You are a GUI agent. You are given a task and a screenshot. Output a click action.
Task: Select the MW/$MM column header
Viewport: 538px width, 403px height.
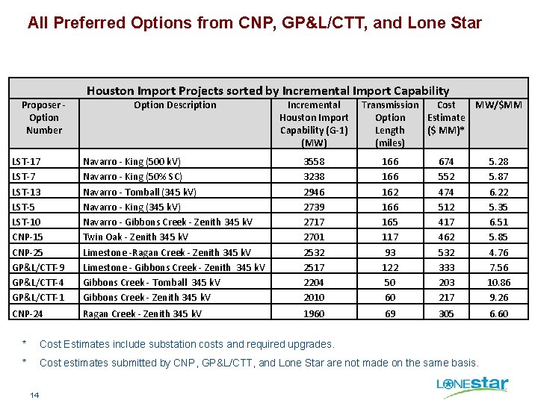pos(498,105)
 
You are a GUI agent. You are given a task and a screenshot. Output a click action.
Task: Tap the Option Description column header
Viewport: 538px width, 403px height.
pos(175,105)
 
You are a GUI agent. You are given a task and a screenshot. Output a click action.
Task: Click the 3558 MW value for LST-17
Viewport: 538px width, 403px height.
pos(314,161)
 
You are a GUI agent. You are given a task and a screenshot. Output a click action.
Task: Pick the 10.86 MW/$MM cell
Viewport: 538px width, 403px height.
pos(498,283)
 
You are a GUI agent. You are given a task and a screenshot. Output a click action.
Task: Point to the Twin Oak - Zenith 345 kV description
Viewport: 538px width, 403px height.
pos(135,237)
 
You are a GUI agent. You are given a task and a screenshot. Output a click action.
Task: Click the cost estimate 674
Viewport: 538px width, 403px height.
pos(446,161)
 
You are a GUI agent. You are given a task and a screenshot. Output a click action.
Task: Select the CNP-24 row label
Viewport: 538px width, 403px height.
pos(28,314)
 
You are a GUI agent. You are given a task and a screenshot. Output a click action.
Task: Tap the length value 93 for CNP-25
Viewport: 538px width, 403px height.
pos(390,253)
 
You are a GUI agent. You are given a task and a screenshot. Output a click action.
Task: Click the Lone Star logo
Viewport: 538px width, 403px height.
pos(472,384)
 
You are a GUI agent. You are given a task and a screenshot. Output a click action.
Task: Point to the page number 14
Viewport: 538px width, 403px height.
pos(35,394)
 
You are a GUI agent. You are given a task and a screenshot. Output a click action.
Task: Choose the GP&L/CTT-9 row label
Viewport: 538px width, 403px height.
pos(38,268)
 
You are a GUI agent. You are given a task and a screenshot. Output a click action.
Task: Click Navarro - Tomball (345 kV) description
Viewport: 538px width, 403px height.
pos(140,192)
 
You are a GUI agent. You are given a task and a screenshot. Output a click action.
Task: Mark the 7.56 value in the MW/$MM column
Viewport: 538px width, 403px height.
pos(498,268)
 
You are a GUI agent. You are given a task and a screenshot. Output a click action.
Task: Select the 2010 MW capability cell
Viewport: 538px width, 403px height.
pos(314,298)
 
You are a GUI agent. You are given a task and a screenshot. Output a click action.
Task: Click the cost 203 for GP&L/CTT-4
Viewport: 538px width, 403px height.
pos(446,283)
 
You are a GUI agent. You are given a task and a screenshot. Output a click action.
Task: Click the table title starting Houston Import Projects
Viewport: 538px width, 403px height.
pos(268,90)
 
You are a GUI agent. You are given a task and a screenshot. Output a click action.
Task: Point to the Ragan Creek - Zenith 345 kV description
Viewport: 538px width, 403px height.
pos(141,314)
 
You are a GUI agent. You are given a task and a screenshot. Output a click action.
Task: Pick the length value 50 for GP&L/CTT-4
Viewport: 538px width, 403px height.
pos(390,283)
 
